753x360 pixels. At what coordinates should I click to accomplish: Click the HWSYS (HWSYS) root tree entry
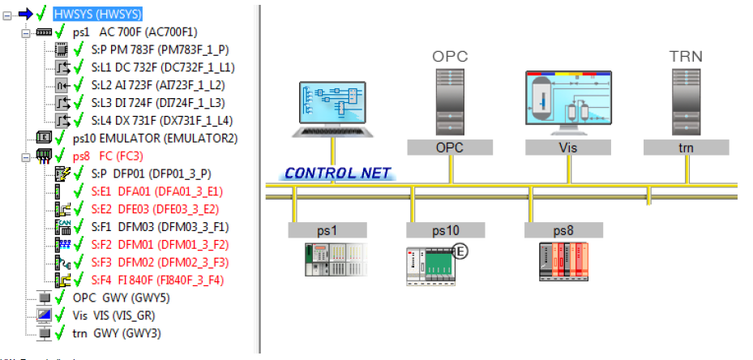click(x=97, y=15)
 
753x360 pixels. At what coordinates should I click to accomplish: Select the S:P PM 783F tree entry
click(x=160, y=49)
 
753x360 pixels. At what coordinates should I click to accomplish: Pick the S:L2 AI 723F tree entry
click(x=158, y=85)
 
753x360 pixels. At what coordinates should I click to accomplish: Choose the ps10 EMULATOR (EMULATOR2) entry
click(x=155, y=139)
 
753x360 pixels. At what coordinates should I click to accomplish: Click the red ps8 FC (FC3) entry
click(x=108, y=156)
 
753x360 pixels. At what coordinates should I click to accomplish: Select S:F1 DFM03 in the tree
click(x=160, y=227)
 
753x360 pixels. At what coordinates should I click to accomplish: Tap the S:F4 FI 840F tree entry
click(x=157, y=281)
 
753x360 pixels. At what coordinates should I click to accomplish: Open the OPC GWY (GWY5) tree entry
click(x=122, y=298)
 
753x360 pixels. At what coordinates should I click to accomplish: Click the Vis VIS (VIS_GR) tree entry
click(x=113, y=315)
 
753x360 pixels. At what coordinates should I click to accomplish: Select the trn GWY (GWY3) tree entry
click(x=117, y=333)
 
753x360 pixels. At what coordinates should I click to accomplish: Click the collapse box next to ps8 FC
click(x=25, y=156)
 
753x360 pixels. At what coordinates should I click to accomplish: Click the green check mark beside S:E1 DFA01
click(x=79, y=191)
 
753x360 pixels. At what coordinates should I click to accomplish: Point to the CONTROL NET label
click(x=338, y=173)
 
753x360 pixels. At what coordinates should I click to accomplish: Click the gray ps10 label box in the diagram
click(x=446, y=230)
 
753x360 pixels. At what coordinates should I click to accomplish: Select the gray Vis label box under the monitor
click(x=568, y=148)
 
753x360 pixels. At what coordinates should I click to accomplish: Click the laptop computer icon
click(x=332, y=109)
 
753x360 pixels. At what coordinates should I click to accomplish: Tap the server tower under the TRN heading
click(x=686, y=102)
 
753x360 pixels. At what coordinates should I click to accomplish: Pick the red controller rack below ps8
click(x=564, y=261)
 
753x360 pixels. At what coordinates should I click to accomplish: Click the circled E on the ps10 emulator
click(x=460, y=251)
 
